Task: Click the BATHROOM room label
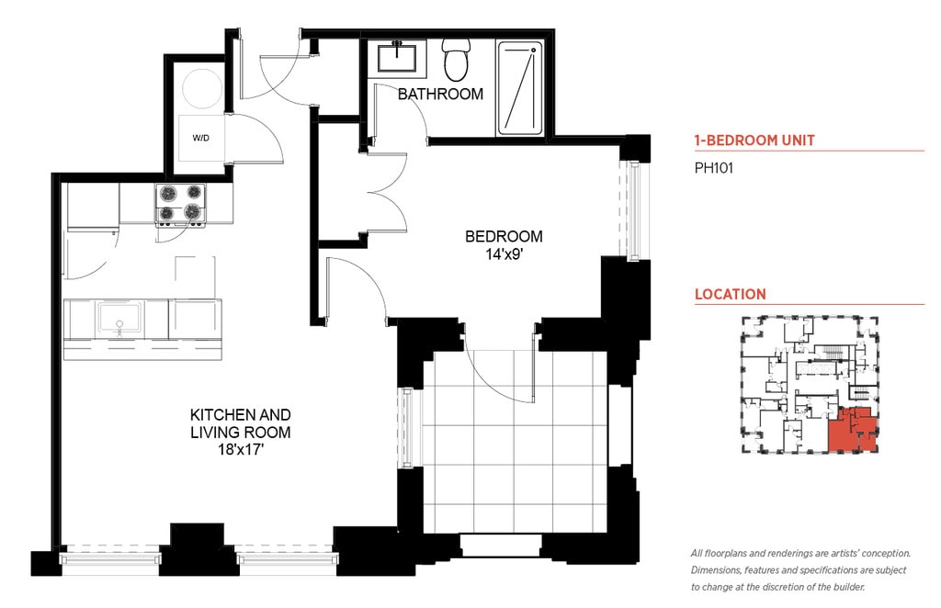(x=440, y=94)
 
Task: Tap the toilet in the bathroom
(x=456, y=60)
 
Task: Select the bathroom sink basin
(x=397, y=57)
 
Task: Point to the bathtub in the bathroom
(x=520, y=87)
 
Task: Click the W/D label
(x=201, y=138)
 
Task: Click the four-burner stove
(x=181, y=205)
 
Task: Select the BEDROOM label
(x=504, y=237)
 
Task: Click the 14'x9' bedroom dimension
(x=504, y=254)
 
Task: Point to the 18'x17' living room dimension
(x=241, y=450)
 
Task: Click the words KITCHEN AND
(x=241, y=415)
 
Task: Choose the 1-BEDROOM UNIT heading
(x=754, y=141)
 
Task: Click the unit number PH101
(x=713, y=168)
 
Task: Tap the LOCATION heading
(x=731, y=295)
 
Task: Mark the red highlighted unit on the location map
(x=852, y=429)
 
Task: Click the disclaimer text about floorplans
(x=800, y=570)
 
